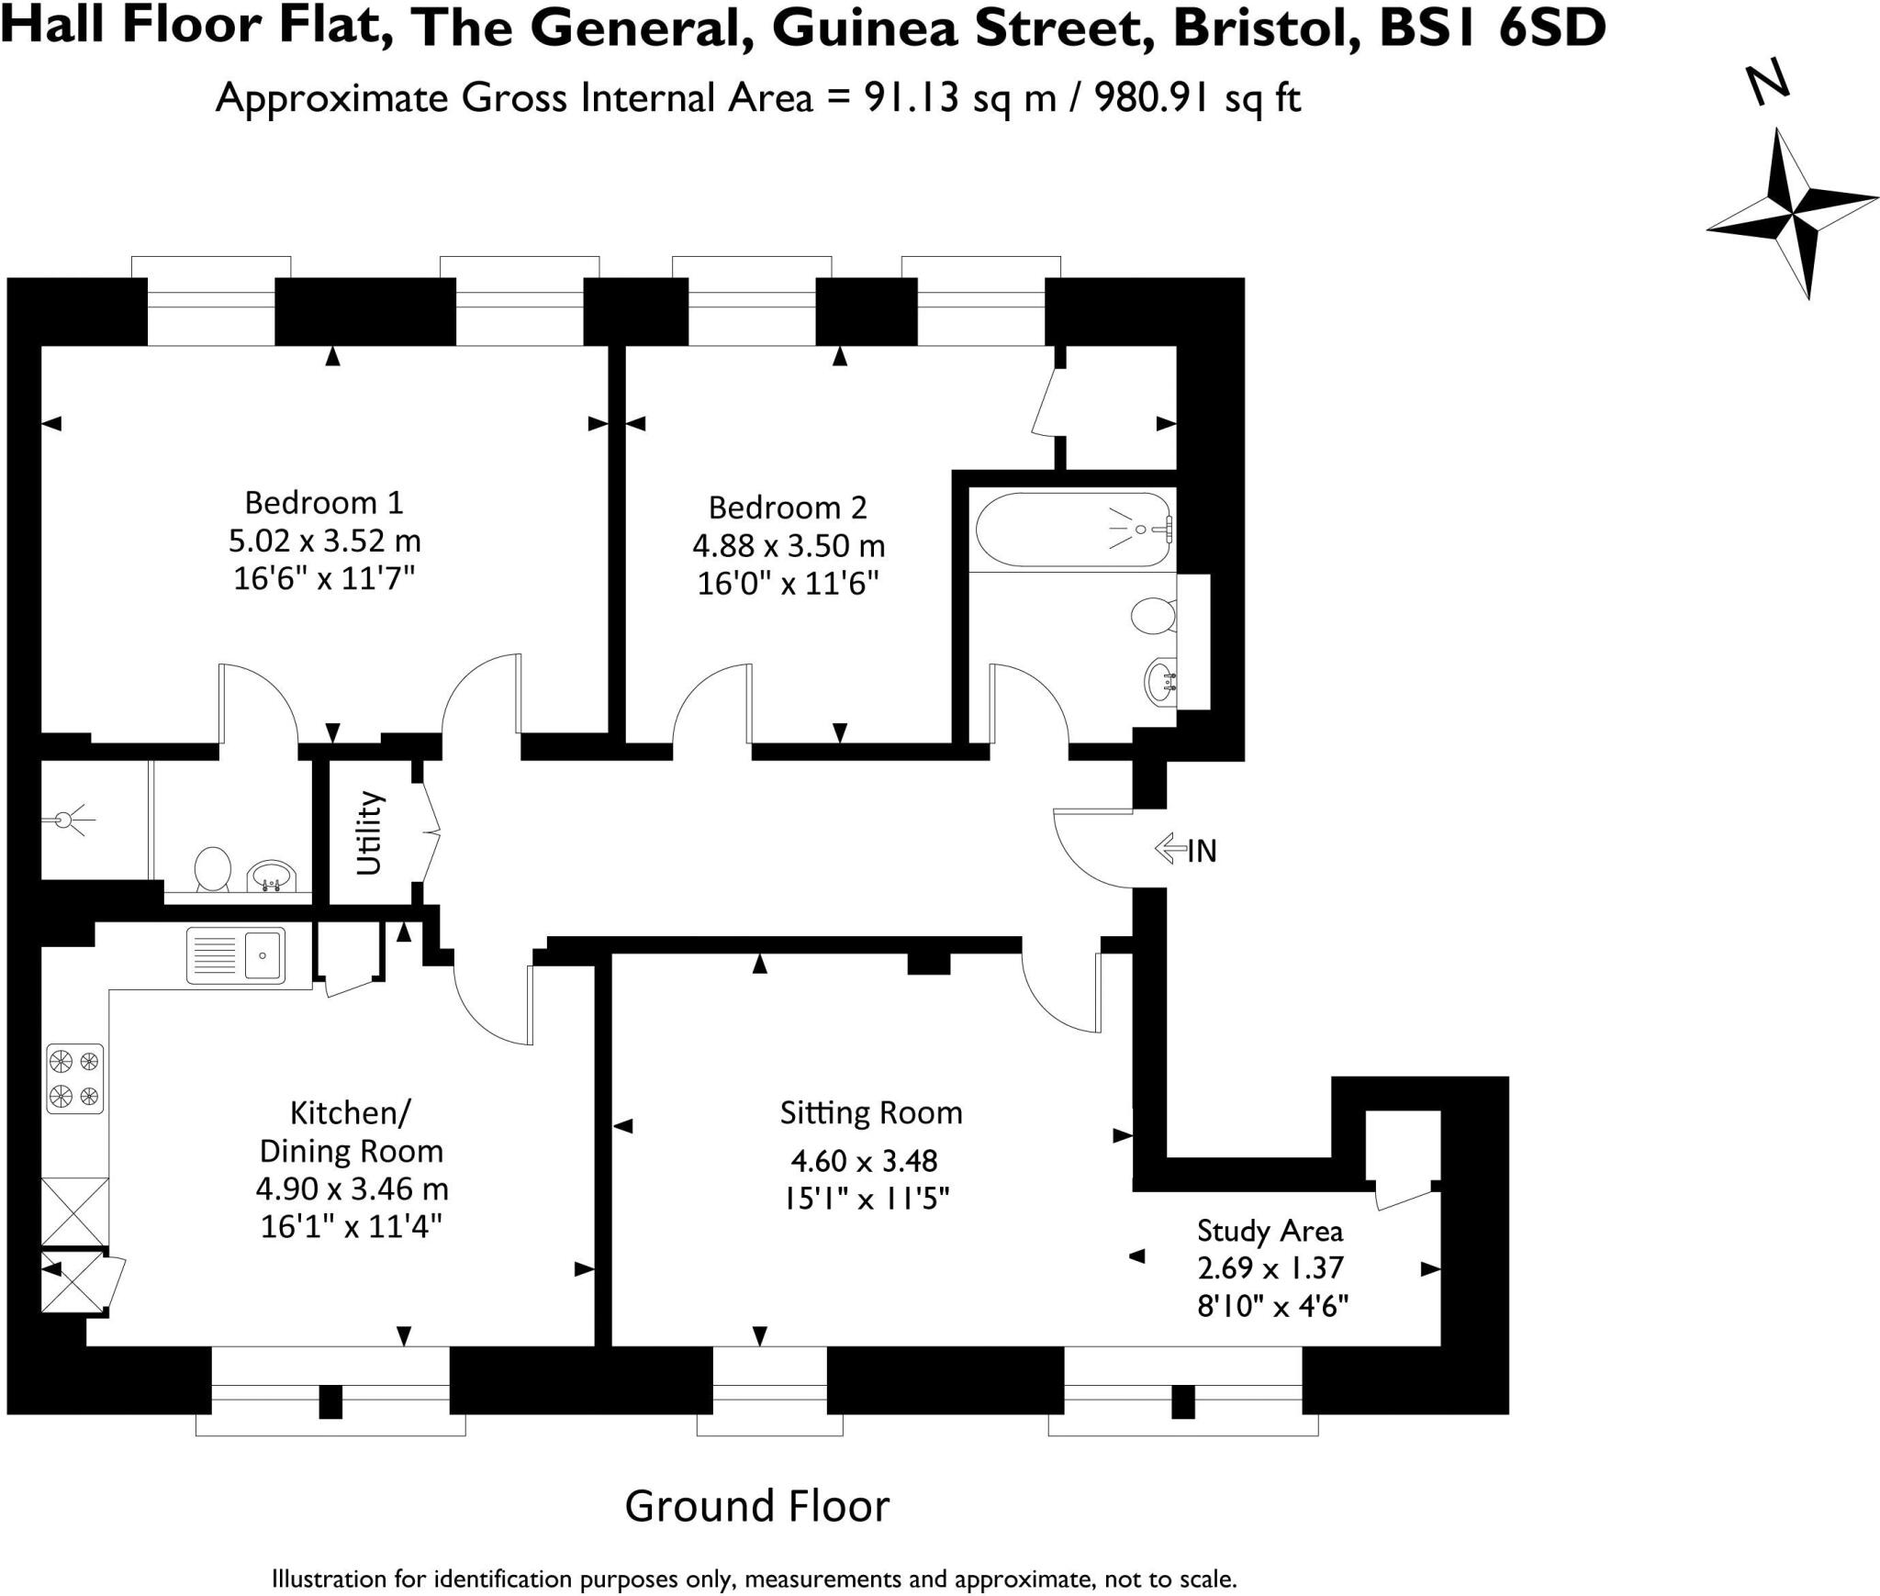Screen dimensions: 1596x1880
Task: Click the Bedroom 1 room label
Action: point(323,503)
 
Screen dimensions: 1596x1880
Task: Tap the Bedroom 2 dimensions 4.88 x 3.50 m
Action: point(788,546)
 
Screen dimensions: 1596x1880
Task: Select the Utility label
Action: point(368,832)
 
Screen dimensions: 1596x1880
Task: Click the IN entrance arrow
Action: point(1170,849)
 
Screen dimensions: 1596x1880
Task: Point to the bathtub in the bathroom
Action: point(1071,530)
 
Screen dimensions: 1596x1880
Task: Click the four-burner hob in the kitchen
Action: point(74,1078)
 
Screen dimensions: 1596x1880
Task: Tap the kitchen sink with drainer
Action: point(236,955)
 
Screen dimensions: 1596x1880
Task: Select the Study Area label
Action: point(1270,1231)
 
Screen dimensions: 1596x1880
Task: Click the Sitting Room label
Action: point(870,1113)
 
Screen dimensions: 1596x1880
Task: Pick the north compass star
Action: point(1792,215)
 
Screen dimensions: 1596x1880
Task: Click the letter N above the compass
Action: point(1767,83)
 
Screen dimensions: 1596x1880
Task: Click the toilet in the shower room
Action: point(213,868)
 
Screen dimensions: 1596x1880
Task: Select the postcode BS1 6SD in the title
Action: point(1493,27)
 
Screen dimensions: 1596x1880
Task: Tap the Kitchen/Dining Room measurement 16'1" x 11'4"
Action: point(352,1226)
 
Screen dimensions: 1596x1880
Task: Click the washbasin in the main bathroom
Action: point(1161,682)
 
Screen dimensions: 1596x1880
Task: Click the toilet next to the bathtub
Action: point(1153,615)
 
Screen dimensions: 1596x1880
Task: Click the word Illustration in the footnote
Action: point(330,1579)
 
